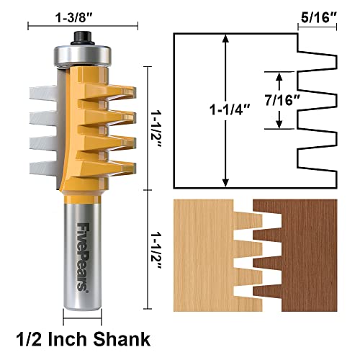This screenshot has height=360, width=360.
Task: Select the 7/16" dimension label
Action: click(299, 100)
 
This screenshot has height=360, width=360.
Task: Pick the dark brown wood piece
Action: click(302, 252)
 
